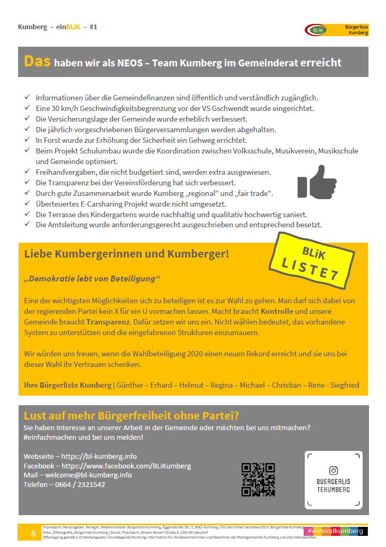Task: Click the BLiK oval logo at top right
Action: (x=316, y=29)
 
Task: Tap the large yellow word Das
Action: (x=37, y=62)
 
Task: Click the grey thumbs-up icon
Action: (x=317, y=182)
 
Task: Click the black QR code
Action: (x=258, y=480)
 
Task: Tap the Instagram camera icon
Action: (x=333, y=470)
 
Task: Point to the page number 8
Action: (x=33, y=533)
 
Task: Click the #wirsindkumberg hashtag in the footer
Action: (x=334, y=531)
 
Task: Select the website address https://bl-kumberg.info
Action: (x=99, y=456)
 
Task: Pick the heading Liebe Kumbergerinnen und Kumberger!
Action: (x=126, y=254)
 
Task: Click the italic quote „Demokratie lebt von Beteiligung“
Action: (x=92, y=279)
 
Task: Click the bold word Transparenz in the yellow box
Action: (x=108, y=322)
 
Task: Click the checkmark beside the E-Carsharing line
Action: (x=27, y=204)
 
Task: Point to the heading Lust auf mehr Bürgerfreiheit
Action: (x=131, y=416)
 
